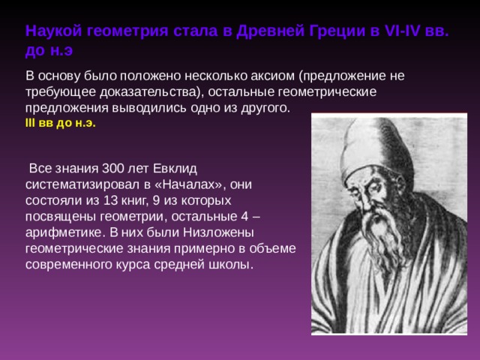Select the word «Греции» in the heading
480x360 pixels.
337,31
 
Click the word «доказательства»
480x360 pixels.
148,91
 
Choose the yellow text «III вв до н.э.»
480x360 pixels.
60,123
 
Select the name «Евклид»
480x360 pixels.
175,168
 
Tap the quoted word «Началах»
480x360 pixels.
192,184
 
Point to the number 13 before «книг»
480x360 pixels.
110,200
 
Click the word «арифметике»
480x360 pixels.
63,232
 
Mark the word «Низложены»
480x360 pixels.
218,232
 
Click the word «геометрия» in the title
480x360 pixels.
127,31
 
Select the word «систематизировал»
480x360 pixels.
78,184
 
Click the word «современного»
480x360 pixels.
68,265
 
